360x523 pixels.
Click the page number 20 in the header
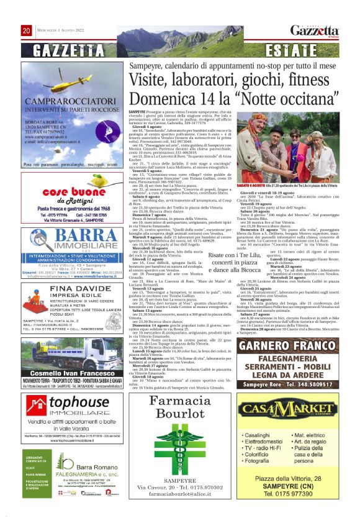click(x=27, y=30)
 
